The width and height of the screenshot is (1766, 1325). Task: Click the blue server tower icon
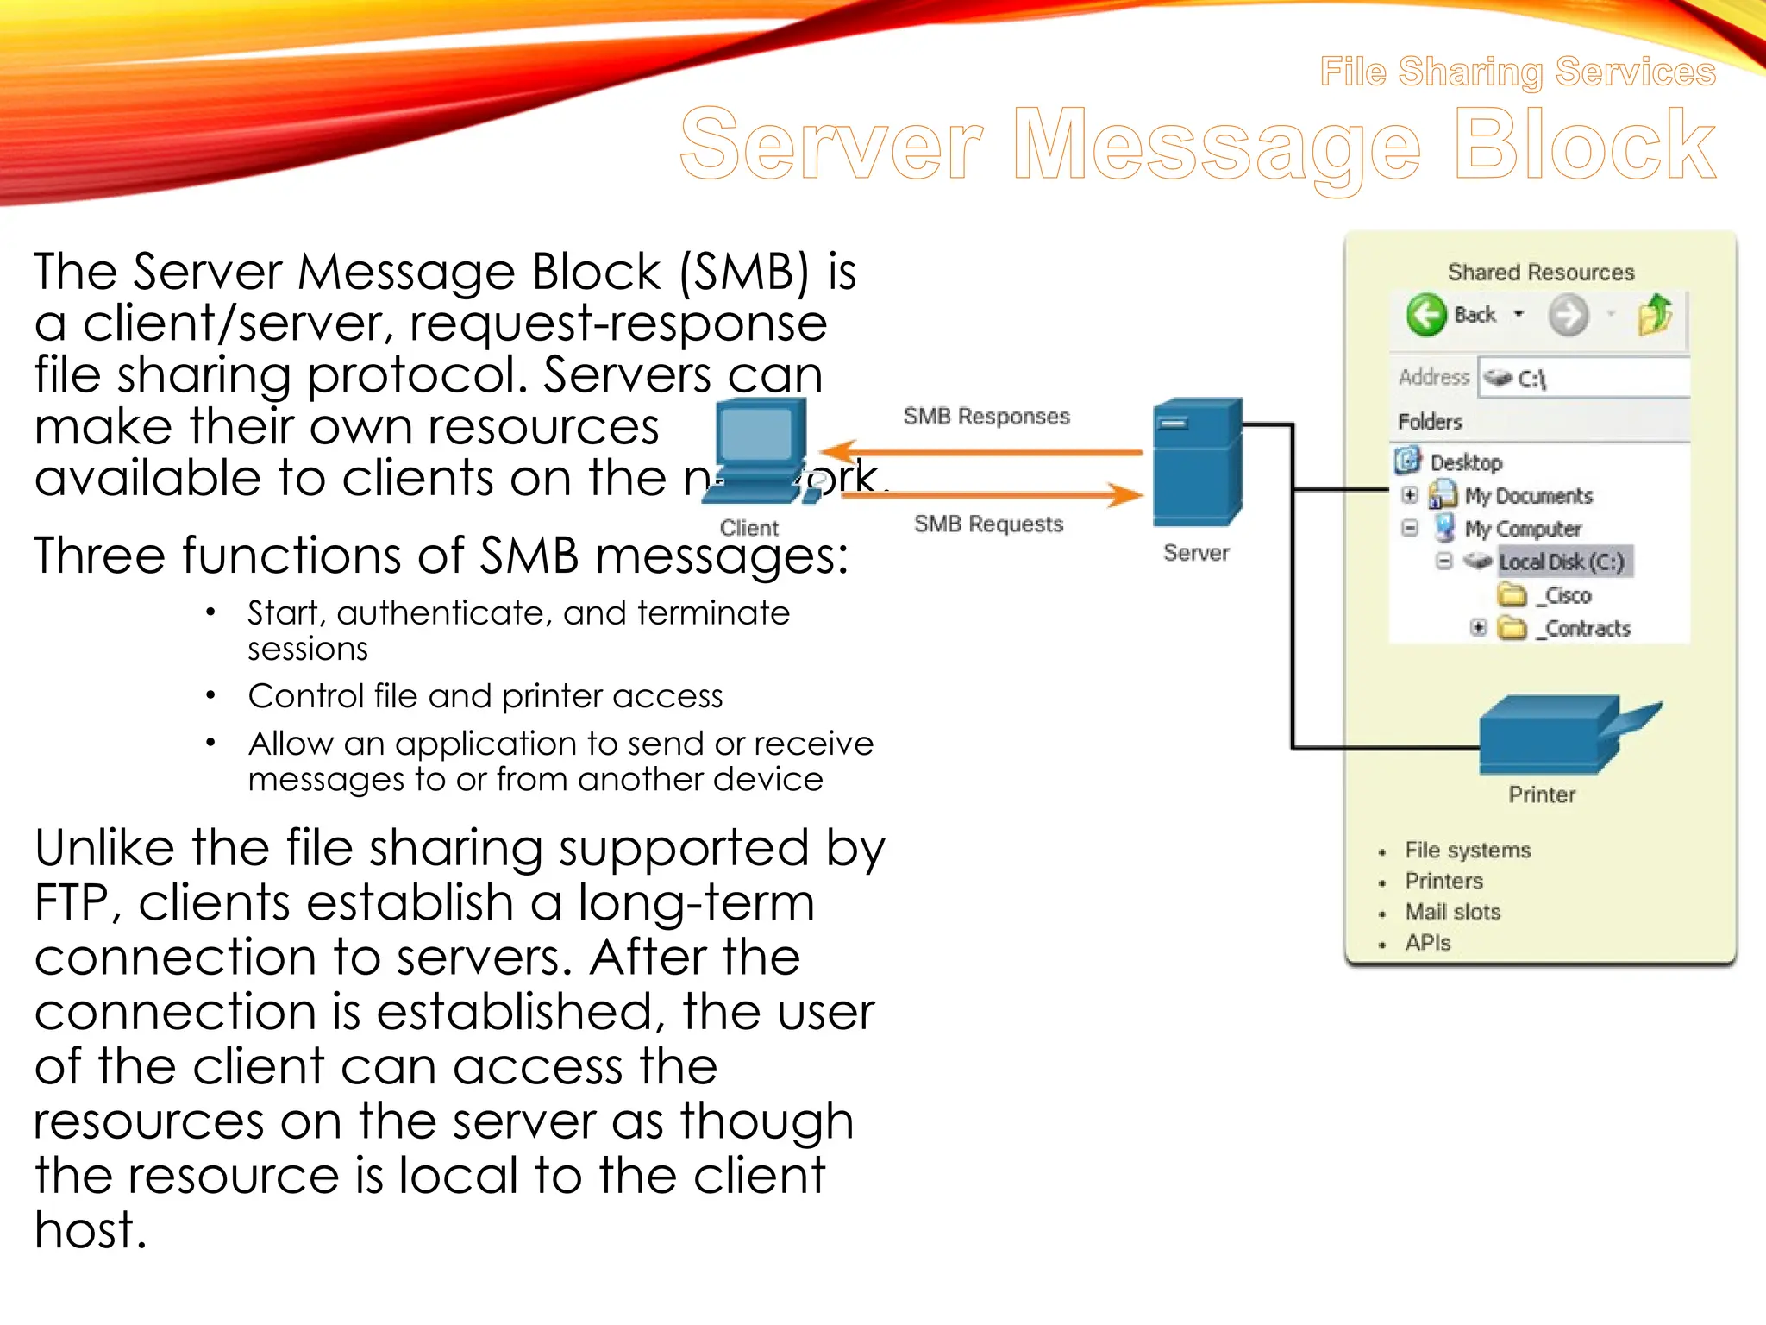pyautogui.click(x=1197, y=462)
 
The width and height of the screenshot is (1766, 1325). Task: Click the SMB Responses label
pyautogui.click(x=986, y=417)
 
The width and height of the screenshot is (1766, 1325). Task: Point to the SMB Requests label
pyautogui.click(x=988, y=524)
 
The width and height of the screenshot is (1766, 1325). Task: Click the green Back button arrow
pyautogui.click(x=1425, y=315)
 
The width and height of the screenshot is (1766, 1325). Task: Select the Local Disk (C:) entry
pyautogui.click(x=1561, y=562)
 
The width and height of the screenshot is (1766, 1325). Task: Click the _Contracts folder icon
pyautogui.click(x=1512, y=628)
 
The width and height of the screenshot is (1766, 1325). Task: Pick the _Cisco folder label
pyautogui.click(x=1568, y=596)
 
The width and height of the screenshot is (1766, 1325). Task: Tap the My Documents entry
pyautogui.click(x=1527, y=496)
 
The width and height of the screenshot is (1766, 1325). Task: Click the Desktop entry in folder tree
pyautogui.click(x=1465, y=462)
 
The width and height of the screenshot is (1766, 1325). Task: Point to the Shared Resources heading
pyautogui.click(x=1541, y=273)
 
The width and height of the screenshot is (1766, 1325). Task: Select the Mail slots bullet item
pyautogui.click(x=1452, y=912)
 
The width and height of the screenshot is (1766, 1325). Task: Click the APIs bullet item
pyautogui.click(x=1428, y=943)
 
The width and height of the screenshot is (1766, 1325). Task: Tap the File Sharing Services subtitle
pyautogui.click(x=1518, y=72)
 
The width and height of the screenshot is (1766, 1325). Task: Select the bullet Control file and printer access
pyautogui.click(x=485, y=696)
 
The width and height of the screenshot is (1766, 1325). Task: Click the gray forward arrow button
pyautogui.click(x=1568, y=315)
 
